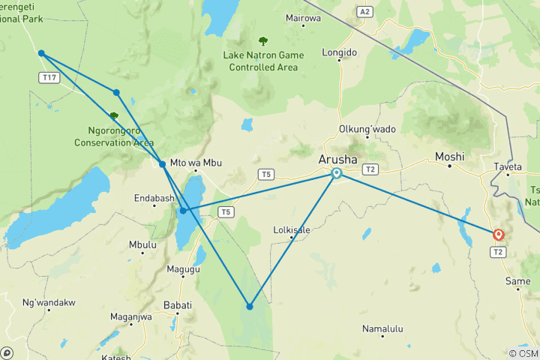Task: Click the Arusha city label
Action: pyautogui.click(x=337, y=159)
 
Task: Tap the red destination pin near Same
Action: pyautogui.click(x=498, y=235)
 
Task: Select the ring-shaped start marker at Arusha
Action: pyautogui.click(x=337, y=173)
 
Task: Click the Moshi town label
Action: pyautogui.click(x=450, y=157)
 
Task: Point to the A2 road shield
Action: pyautogui.click(x=364, y=12)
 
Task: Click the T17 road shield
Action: pyautogui.click(x=50, y=78)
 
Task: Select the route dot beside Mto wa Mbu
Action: pyautogui.click(x=163, y=163)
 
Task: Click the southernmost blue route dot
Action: pyautogui.click(x=250, y=306)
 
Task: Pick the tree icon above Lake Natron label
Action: pyautogui.click(x=262, y=41)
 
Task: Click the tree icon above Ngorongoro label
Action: pyautogui.click(x=114, y=116)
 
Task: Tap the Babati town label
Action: pyautogui.click(x=178, y=305)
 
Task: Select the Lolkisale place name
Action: pyautogui.click(x=292, y=230)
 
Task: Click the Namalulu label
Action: pyautogui.click(x=382, y=328)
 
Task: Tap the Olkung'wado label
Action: pyautogui.click(x=367, y=129)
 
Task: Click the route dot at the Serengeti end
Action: pyautogui.click(x=41, y=53)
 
